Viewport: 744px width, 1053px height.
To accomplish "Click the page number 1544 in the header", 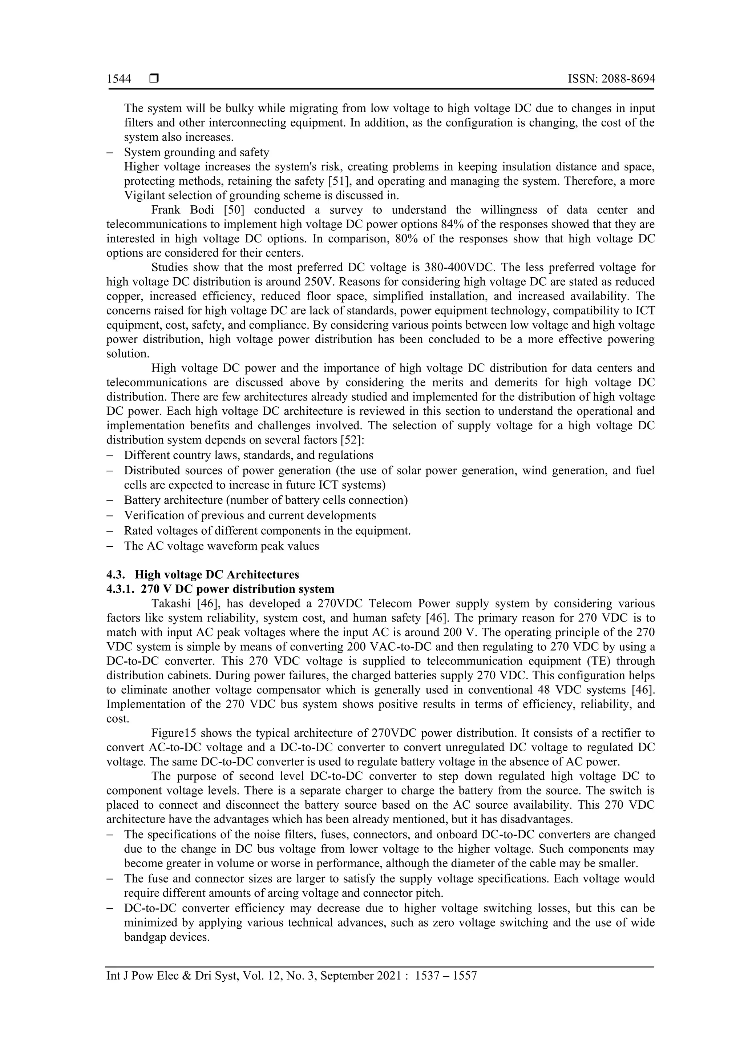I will coord(119,79).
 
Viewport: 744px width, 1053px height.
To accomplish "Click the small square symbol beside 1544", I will coord(154,79).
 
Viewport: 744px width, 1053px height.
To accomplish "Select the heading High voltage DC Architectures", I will coord(217,575).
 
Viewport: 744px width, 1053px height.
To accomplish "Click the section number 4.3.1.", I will coord(121,589).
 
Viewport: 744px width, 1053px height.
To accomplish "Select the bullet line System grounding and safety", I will coord(196,152).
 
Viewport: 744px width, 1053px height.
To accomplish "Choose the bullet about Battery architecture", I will coord(266,500).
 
